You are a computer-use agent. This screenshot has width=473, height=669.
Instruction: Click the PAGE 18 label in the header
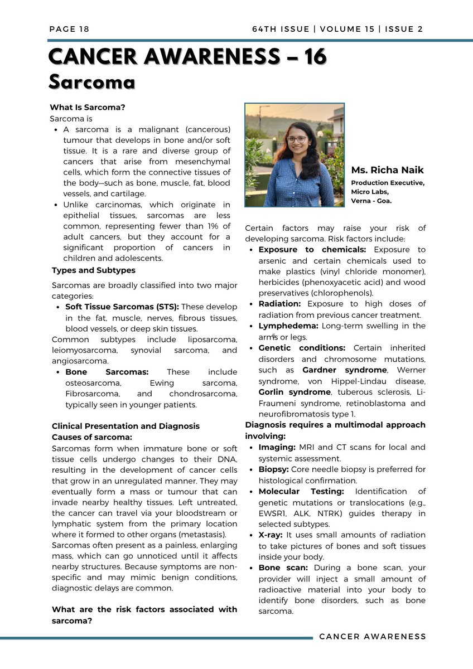pyautogui.click(x=69, y=29)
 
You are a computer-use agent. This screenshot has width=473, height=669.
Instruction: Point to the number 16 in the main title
pyautogui.click(x=312, y=56)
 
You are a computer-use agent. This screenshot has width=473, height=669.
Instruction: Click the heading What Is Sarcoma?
pyautogui.click(x=88, y=108)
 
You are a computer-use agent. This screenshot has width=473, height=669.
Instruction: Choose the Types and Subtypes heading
pyautogui.click(x=93, y=270)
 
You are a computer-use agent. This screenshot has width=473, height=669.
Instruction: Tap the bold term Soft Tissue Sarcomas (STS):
pyautogui.click(x=122, y=307)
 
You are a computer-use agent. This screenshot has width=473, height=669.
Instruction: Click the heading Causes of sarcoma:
pyautogui.click(x=91, y=437)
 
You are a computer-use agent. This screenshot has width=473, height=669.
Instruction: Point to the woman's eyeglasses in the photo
pyautogui.click(x=296, y=139)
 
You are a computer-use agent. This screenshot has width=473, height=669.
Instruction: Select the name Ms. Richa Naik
pyautogui.click(x=387, y=170)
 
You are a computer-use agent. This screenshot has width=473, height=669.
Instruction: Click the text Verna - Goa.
pyautogui.click(x=371, y=201)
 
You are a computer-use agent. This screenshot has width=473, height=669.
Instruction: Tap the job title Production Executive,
pyautogui.click(x=388, y=183)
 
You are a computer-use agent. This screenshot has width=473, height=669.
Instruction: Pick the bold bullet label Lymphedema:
pyautogui.click(x=287, y=326)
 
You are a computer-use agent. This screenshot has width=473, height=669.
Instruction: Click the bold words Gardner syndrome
pyautogui.click(x=344, y=370)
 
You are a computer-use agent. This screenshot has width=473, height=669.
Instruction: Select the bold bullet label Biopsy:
pyautogui.click(x=273, y=469)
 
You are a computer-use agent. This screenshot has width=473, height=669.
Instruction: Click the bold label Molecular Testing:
pyautogui.click(x=301, y=491)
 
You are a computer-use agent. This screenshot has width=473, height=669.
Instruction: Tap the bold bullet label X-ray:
pyautogui.click(x=270, y=535)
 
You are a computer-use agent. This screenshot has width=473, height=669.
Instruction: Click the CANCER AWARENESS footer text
pyautogui.click(x=372, y=637)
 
